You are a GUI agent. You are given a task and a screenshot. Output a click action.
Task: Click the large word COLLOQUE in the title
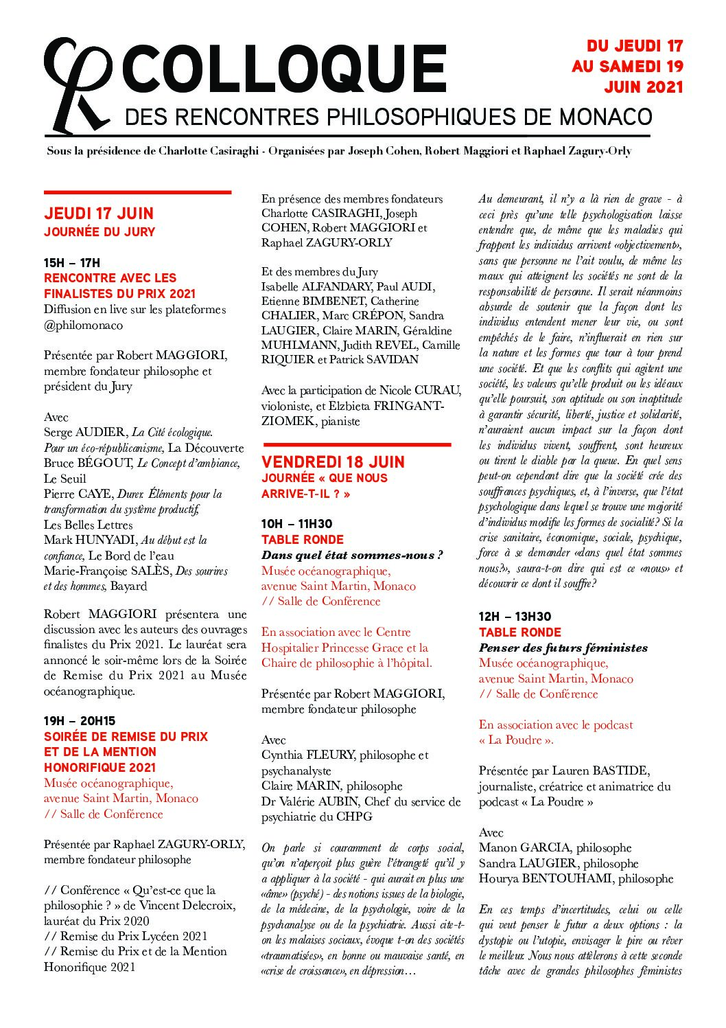285,70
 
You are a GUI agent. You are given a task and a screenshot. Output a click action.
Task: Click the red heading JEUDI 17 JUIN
99,214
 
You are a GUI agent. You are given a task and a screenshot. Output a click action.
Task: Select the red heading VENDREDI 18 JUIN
333,461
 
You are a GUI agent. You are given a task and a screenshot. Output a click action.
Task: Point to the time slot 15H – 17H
72,262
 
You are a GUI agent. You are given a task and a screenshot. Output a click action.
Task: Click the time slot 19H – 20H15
80,720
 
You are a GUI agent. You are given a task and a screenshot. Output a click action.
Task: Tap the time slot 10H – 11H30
295,524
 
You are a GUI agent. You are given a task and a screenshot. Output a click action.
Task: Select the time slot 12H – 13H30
515,617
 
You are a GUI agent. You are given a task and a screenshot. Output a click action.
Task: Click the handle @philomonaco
83,324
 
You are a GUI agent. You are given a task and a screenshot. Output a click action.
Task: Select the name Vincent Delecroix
180,906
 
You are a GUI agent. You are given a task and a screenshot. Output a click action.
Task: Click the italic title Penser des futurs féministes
563,648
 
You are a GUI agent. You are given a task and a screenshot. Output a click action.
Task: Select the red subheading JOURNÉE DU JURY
99,232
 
